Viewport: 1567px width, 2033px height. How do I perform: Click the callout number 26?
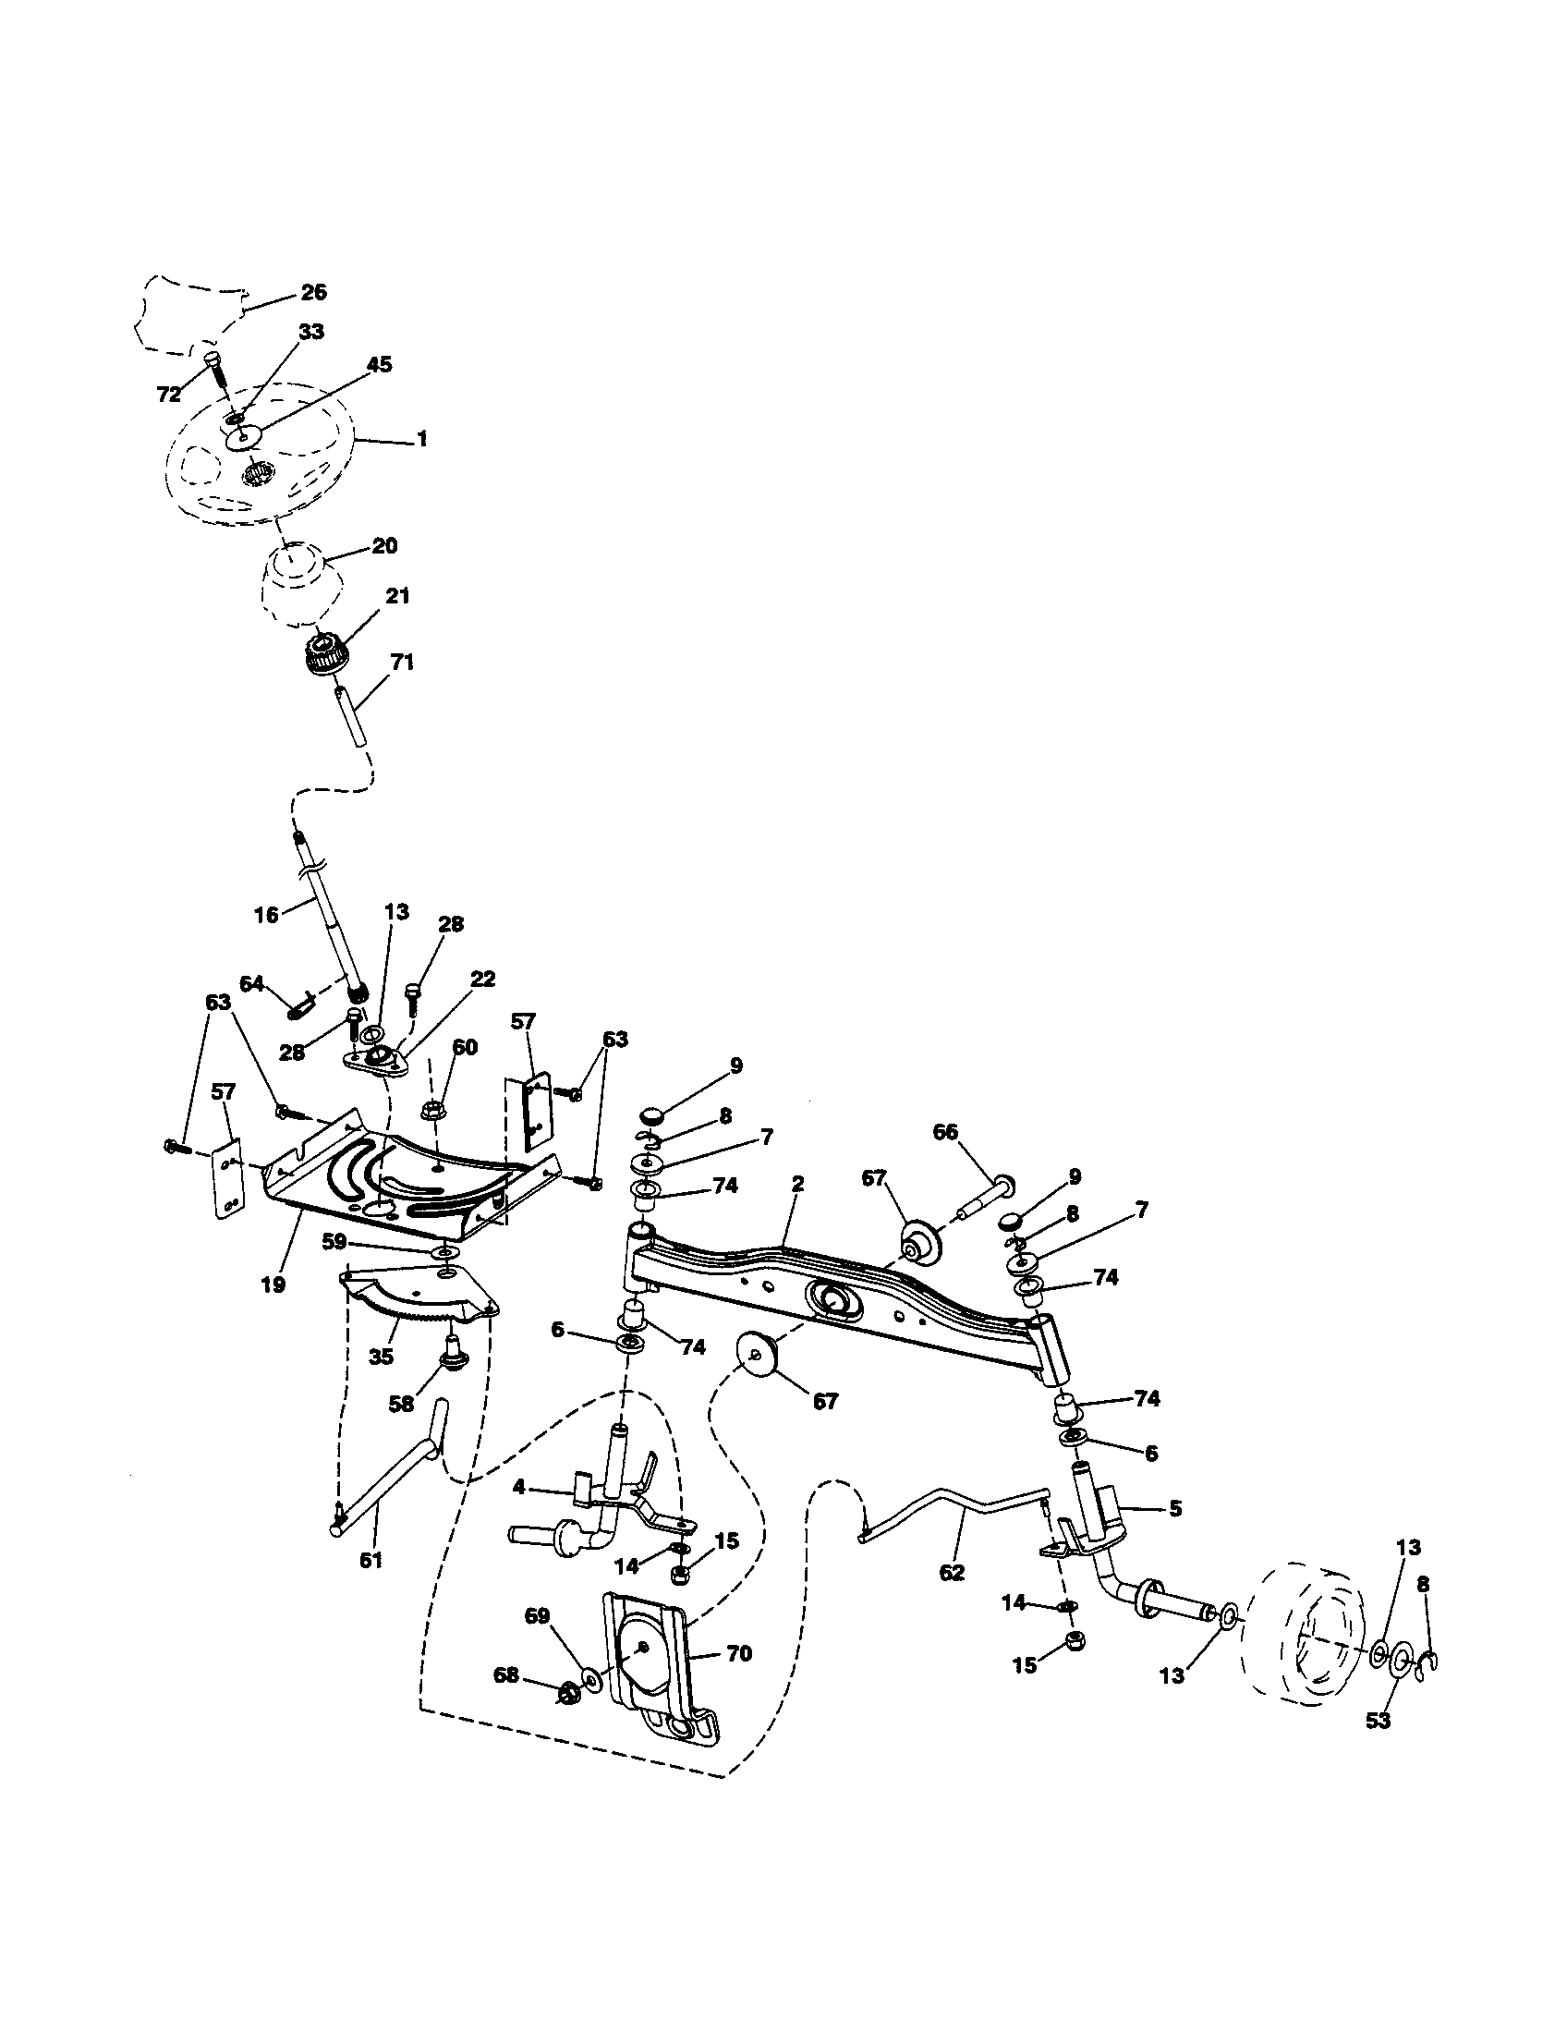(x=313, y=292)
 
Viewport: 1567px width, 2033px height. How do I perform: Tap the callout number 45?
(x=379, y=365)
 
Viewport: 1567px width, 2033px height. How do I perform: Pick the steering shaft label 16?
(x=266, y=915)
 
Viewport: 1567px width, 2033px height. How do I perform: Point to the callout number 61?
(x=370, y=1560)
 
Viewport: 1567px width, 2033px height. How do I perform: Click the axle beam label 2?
(x=797, y=1184)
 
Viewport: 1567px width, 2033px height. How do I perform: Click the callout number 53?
(x=1379, y=1722)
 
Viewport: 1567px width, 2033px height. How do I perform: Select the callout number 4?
(x=519, y=1489)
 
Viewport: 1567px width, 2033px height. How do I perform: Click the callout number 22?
(x=483, y=979)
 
